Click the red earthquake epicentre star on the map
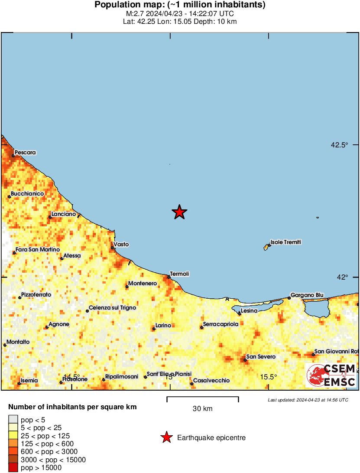[179, 212]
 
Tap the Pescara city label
[25, 153]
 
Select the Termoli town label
[180, 274]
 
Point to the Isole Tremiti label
[285, 242]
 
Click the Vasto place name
[121, 245]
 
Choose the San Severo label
[261, 357]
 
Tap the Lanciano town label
[63, 214]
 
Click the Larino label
[163, 326]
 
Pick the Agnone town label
[57, 324]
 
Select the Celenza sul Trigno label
[112, 308]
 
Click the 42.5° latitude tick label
[339, 145]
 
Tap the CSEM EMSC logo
[331, 375]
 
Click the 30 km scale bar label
[202, 408]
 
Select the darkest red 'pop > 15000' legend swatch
[13, 468]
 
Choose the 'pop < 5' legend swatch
[13, 419]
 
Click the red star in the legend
[166, 438]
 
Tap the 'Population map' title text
[180, 5]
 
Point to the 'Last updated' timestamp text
[308, 400]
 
